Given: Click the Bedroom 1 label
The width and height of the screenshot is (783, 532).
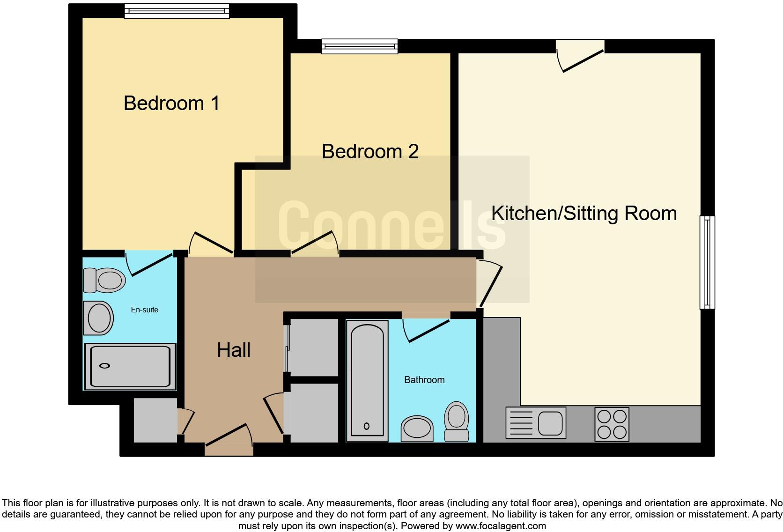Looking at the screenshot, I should [171, 103].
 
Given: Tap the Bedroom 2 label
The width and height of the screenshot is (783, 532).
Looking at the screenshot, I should [370, 152].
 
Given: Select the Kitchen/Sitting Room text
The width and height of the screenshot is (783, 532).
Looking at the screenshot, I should [584, 214].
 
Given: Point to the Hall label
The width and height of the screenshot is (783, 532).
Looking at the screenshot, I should [233, 350].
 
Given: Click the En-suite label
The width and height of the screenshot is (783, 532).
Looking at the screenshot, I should [144, 310].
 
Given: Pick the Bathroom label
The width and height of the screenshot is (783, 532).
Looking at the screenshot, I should [424, 380].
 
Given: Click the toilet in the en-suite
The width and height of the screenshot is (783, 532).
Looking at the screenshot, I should [105, 280].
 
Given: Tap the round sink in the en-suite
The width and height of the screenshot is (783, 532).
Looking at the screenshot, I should [98, 318].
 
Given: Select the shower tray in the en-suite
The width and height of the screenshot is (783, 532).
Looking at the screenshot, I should [130, 367].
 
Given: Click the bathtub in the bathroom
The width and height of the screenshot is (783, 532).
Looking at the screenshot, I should [367, 380].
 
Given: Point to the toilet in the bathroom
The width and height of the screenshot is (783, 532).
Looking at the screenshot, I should [457, 421].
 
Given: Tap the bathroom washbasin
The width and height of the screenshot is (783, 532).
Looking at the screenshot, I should [417, 429].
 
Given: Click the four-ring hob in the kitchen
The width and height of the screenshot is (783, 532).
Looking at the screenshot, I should [612, 424].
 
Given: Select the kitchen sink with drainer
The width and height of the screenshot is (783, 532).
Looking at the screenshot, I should [536, 423].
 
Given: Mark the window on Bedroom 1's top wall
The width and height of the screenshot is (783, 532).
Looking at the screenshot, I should [177, 11].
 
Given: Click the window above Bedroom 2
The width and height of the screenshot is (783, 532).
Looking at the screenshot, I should [360, 46].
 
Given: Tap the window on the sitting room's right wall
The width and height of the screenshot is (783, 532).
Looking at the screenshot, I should [707, 262].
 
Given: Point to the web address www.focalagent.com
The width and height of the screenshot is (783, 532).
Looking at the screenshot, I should [500, 526].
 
